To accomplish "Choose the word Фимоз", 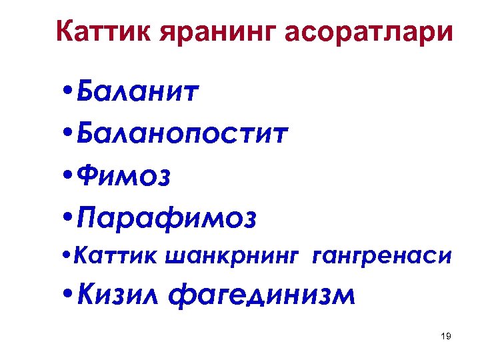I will click(x=123, y=176).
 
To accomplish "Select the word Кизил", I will click(x=125, y=294).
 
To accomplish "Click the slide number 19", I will click(x=446, y=337).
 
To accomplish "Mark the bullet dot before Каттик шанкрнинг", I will click(x=66, y=255).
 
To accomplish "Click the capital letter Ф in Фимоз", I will click(x=88, y=177).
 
